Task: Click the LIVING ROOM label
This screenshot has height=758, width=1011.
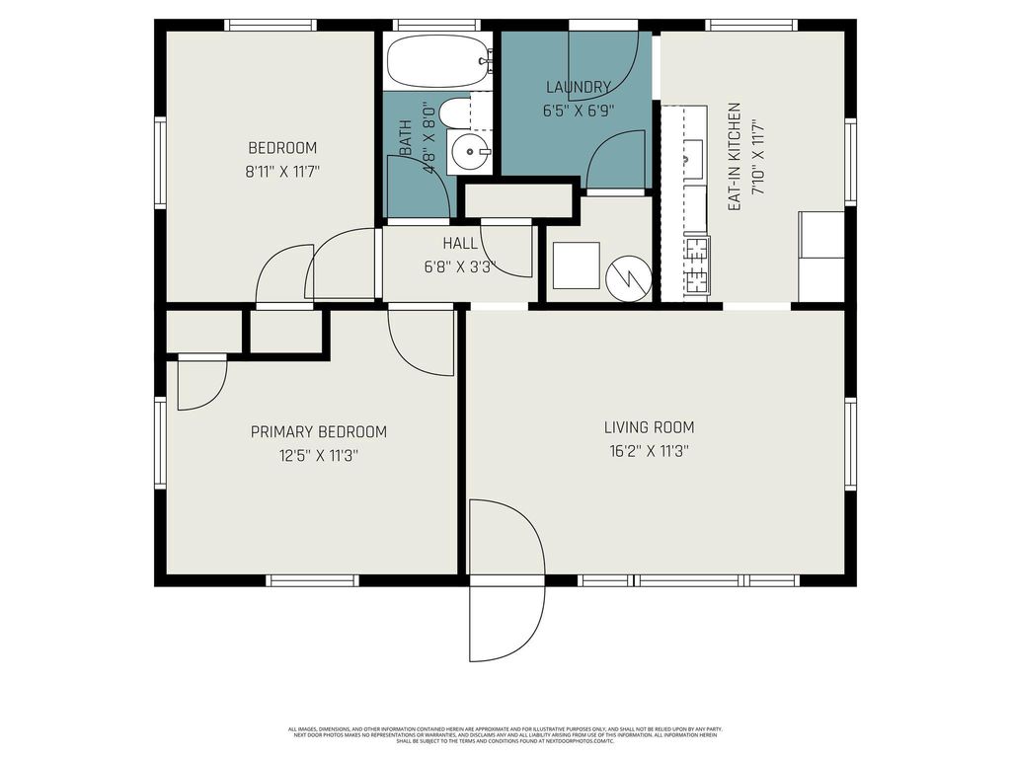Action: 649,427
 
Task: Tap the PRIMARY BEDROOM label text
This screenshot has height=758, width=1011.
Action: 318,431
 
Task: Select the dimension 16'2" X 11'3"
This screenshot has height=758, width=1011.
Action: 649,451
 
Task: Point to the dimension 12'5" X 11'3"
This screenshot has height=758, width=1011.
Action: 318,456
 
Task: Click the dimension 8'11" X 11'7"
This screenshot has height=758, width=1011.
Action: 282,172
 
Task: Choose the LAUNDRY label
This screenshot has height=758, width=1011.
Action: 578,87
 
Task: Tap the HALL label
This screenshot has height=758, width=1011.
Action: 460,243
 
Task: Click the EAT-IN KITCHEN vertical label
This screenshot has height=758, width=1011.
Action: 735,160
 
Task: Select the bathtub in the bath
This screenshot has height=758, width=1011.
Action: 438,62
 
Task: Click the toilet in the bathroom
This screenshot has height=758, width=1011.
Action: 455,114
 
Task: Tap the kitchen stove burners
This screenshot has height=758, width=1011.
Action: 697,265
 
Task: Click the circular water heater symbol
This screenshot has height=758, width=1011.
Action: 628,276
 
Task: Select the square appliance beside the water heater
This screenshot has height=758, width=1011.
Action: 576,265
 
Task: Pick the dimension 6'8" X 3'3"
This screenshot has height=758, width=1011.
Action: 460,266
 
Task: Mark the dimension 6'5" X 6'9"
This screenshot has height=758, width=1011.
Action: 578,111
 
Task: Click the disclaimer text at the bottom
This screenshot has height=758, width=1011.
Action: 505,734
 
